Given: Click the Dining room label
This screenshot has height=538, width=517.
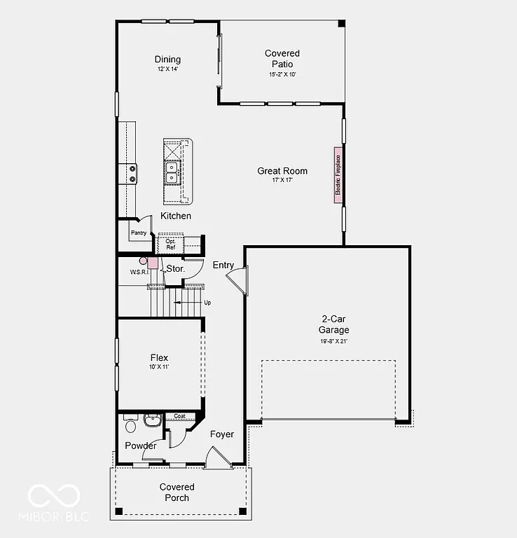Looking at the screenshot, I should [x=168, y=60].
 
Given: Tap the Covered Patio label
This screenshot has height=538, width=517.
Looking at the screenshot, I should [x=282, y=59].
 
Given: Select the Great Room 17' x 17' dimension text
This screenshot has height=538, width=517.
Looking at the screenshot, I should [x=282, y=180].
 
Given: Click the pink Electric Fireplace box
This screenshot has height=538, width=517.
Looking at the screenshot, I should [x=337, y=175].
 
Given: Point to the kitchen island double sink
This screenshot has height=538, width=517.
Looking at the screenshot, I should [x=172, y=172].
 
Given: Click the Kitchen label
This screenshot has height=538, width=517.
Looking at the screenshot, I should [x=175, y=216].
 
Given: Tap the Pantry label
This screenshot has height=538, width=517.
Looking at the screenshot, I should [x=138, y=233].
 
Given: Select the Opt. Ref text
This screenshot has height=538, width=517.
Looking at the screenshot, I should [x=170, y=244].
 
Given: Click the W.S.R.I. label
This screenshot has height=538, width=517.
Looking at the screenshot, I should [x=139, y=272].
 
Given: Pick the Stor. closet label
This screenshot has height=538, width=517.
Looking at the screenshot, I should [x=175, y=268].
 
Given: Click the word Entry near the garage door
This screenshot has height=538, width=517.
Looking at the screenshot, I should [x=223, y=264].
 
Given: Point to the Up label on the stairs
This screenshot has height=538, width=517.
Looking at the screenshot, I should [x=207, y=303].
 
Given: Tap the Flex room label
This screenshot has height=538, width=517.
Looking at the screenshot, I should [x=159, y=358].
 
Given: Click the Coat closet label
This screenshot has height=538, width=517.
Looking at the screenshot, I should [x=179, y=416].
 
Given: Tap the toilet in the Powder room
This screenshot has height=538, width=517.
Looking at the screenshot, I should [x=130, y=425].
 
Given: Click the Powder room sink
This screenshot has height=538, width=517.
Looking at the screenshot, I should [x=152, y=420].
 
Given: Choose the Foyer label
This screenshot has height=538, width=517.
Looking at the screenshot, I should [x=222, y=434].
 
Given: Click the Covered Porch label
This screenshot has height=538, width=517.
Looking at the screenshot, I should [x=177, y=492].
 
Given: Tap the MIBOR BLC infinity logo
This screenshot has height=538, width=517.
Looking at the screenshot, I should [x=54, y=496].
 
